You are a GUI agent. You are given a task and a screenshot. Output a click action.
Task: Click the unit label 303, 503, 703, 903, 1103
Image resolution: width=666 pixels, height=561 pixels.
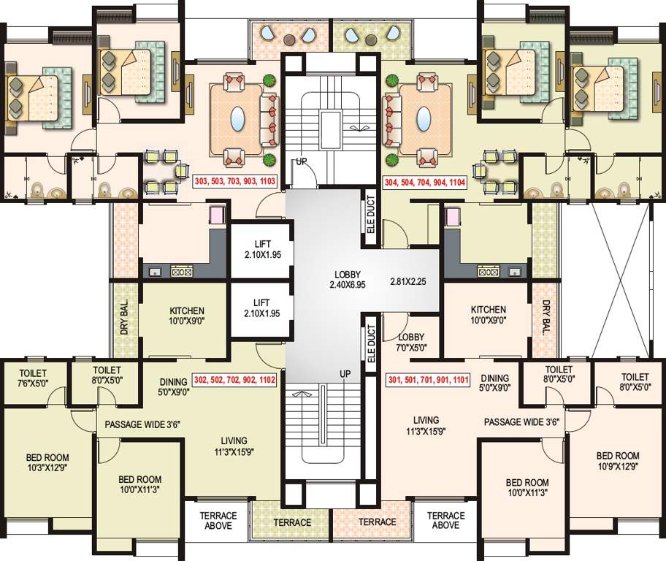coord(235,181)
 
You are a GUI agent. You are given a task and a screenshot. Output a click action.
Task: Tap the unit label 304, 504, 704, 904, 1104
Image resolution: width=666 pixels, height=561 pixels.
coord(425,183)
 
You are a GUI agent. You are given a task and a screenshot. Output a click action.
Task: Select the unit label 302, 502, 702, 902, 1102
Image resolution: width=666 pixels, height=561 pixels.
coord(234,380)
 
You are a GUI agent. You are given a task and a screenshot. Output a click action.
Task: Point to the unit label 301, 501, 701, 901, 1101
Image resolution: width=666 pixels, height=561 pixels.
coord(429,380)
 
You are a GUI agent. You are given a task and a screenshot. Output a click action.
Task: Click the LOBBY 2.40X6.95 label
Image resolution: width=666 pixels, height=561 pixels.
coord(348,280)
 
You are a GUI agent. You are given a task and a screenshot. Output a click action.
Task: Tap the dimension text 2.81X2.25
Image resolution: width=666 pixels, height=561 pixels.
coord(407,281)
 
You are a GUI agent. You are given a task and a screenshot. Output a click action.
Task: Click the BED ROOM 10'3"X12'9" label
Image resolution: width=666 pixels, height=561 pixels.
coord(47,462)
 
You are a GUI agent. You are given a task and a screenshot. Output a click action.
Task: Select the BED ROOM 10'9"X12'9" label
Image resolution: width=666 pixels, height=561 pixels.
coord(618,461)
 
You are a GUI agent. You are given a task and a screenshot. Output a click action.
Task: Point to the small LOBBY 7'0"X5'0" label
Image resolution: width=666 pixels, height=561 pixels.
coord(411,342)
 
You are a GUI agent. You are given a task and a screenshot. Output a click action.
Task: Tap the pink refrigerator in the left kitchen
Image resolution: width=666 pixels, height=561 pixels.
coord(217,215)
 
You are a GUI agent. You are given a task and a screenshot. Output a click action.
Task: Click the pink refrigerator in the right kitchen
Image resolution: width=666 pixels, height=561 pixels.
coord(452,216)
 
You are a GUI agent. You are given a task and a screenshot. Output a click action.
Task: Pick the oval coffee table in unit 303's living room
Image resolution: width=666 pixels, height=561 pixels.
coord(237,118)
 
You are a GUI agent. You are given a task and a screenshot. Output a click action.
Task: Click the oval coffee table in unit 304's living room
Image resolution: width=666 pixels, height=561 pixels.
coord(424,118)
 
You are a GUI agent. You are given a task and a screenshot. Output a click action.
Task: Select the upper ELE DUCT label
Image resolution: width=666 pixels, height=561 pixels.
coord(370,214)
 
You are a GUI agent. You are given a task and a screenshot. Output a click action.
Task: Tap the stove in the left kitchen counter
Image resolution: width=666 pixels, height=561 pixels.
coord(182,271)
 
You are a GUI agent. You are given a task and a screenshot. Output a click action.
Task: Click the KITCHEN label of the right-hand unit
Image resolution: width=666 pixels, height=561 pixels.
coord(489,315)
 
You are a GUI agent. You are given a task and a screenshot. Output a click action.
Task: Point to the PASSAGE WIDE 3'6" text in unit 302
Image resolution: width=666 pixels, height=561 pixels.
coord(142,424)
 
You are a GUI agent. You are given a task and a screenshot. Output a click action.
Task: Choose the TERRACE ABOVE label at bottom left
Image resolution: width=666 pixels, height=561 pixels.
coord(218,521)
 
